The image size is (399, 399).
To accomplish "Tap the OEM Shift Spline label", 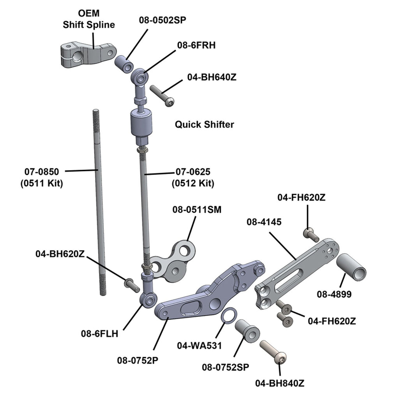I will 89,19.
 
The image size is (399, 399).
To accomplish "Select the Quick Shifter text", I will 204,125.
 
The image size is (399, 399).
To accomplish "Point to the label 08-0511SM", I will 197,210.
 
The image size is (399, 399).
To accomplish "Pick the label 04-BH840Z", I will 280,383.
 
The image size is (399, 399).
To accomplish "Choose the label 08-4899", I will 334,294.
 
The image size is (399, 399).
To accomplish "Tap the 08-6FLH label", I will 99,334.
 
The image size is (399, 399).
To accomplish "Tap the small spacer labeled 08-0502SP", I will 124,64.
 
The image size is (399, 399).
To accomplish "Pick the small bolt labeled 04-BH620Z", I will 132,284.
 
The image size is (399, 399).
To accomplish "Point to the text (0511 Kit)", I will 42,183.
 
